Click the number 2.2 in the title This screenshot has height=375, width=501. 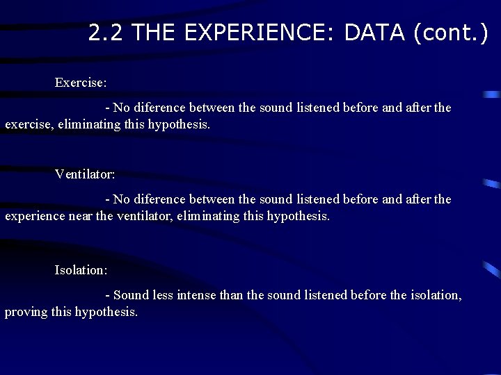click(x=106, y=32)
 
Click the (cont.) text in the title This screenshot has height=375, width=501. click(x=451, y=32)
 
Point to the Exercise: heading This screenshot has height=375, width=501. click(x=81, y=83)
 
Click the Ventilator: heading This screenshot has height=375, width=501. click(x=85, y=174)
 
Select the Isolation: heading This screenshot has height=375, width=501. click(x=81, y=269)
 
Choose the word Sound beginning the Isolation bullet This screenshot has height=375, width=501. click(x=130, y=295)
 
